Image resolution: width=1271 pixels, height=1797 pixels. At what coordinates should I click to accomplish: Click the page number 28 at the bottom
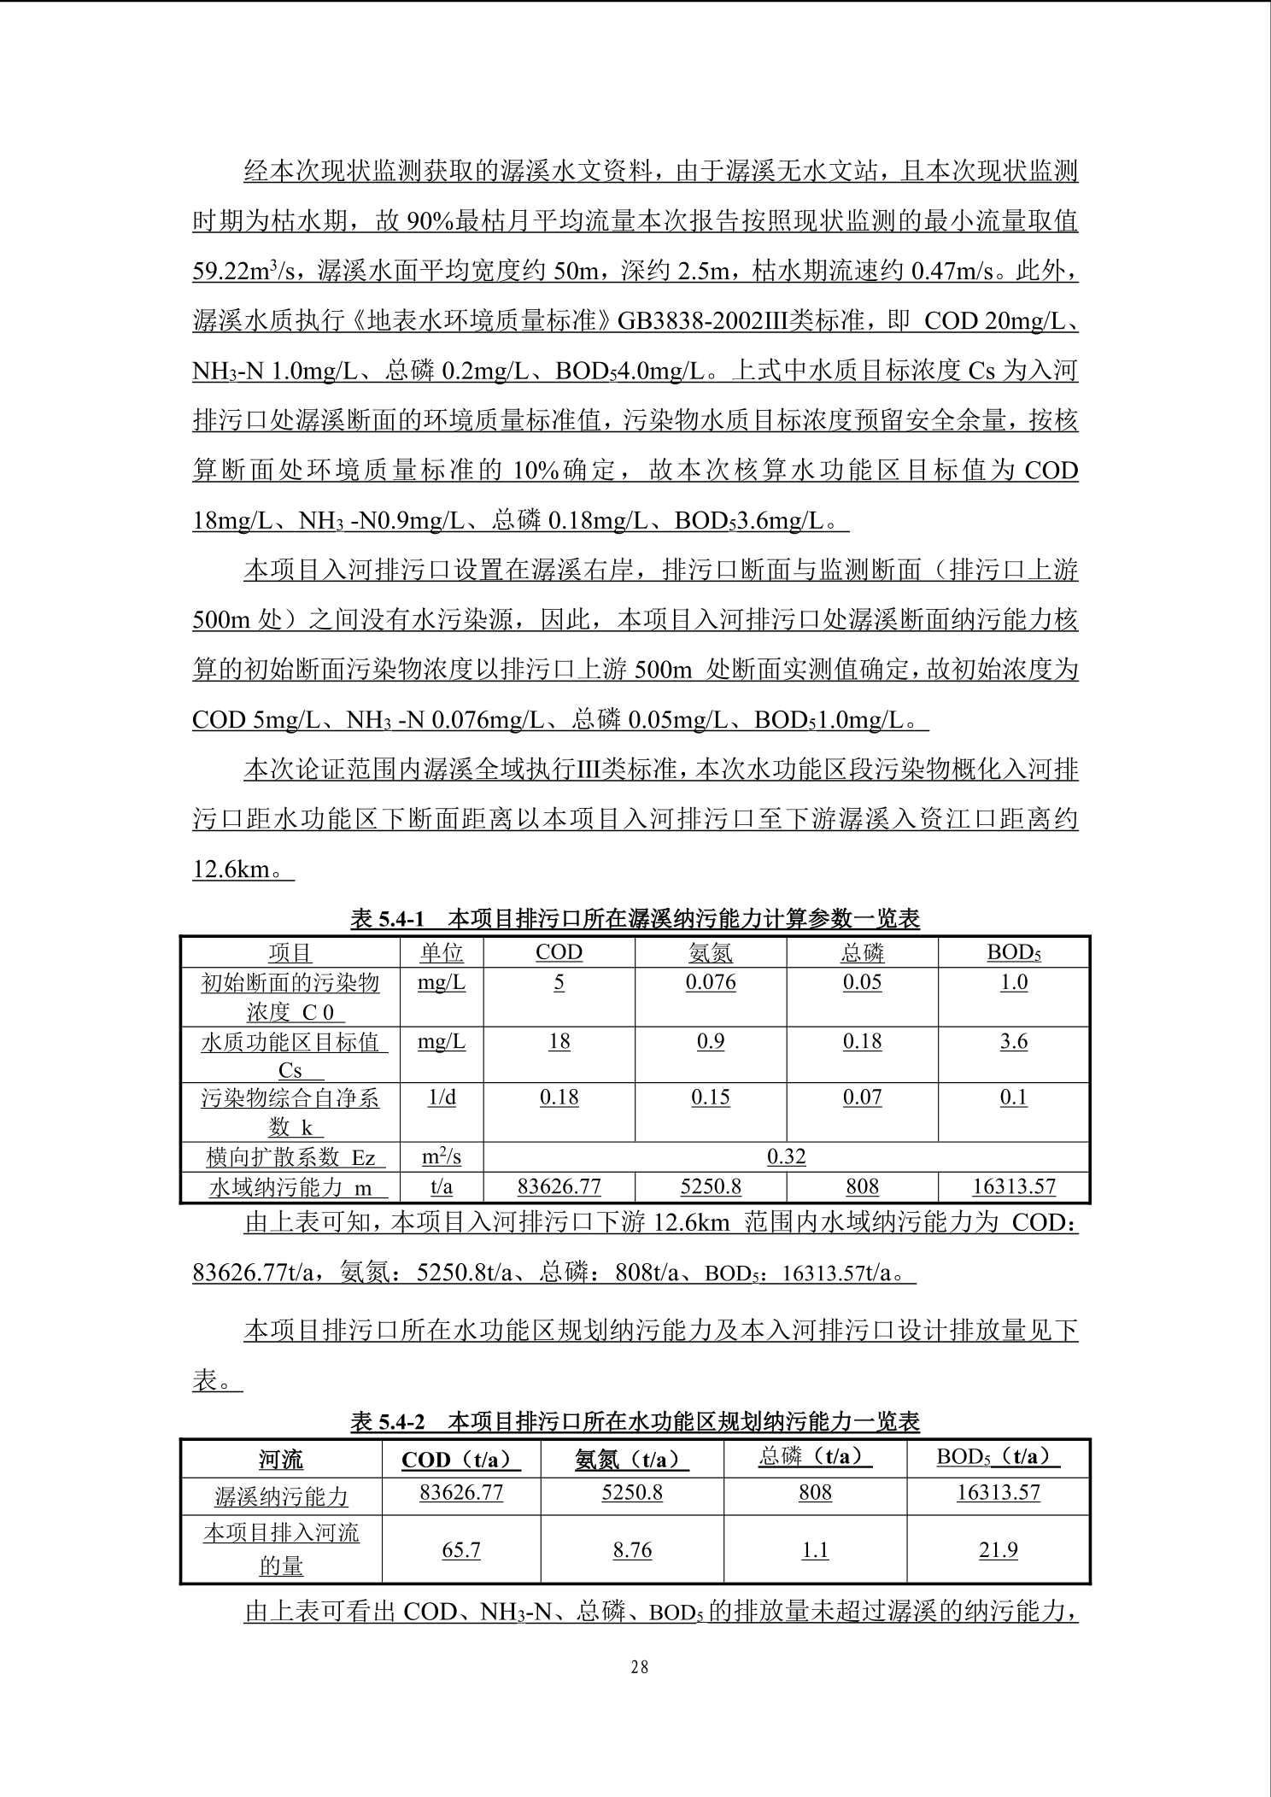coord(640,1666)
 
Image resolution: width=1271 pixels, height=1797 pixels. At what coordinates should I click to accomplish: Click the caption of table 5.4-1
coord(635,919)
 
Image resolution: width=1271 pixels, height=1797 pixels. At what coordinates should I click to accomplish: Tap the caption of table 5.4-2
coord(635,1421)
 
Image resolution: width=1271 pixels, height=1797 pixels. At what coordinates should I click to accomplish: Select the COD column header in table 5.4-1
coord(559,952)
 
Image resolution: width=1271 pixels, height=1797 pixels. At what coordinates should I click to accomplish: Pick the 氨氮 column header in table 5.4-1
coord(711,952)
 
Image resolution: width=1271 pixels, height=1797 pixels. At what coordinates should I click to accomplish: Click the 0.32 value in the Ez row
coord(786,1156)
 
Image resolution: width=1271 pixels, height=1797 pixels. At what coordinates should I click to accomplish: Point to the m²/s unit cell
coord(442,1156)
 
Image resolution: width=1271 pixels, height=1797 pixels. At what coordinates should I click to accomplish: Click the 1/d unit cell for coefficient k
coord(442,1098)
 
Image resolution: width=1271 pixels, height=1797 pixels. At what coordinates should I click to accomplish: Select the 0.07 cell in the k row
coord(862,1098)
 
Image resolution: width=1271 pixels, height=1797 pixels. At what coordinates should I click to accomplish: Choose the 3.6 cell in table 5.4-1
coord(1014,1041)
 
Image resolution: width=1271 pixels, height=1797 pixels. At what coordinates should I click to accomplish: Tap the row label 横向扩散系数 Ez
coord(290,1157)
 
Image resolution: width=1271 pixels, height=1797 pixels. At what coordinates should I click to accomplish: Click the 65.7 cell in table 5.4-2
coord(461,1550)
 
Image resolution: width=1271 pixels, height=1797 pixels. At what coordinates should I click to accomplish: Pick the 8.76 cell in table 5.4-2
coord(632,1550)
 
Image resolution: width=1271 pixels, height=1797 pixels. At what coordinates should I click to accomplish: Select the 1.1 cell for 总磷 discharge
coord(815,1550)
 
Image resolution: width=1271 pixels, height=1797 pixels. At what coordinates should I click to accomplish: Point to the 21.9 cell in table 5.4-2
coord(999,1550)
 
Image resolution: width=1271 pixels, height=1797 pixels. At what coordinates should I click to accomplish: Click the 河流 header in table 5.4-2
coord(281,1460)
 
